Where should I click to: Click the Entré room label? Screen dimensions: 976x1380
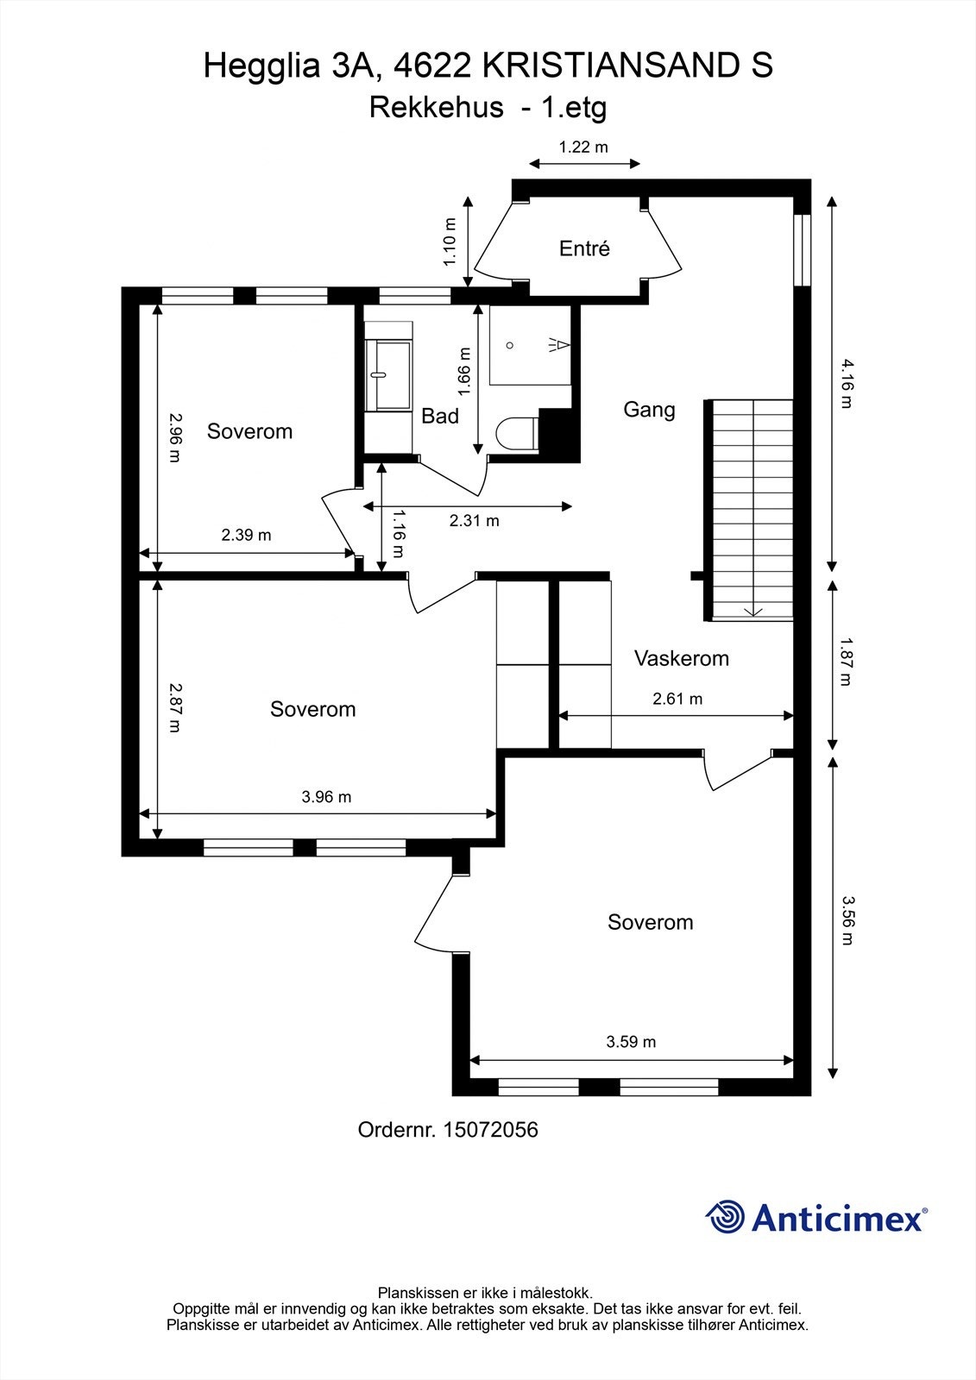tap(584, 248)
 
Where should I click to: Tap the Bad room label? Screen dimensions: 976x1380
tap(439, 416)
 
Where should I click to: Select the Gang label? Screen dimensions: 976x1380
tap(649, 410)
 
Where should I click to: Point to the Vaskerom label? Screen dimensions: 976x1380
tap(681, 659)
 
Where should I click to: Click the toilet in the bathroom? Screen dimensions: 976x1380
tap(518, 433)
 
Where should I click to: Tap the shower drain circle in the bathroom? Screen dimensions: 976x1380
tap(509, 345)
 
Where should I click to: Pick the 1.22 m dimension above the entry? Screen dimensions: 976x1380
tap(583, 147)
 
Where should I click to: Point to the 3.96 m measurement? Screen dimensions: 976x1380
tap(326, 797)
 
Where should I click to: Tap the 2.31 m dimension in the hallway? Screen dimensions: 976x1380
tap(474, 521)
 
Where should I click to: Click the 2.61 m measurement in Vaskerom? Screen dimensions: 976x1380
tap(677, 699)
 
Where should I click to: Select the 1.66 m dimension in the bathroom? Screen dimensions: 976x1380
tap(464, 372)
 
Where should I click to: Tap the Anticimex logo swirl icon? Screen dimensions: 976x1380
tap(725, 1216)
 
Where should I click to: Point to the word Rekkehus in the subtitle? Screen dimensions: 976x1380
tap(437, 108)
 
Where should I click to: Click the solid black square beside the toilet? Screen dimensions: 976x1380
tap(559, 435)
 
